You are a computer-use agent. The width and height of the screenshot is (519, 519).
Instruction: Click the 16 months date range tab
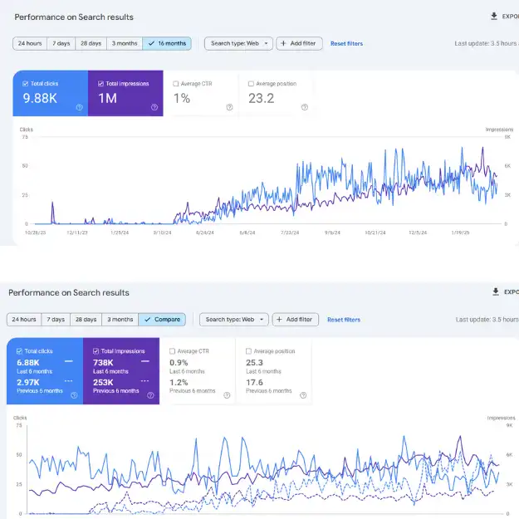tap(167, 43)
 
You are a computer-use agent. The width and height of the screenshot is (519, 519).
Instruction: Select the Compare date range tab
tap(162, 319)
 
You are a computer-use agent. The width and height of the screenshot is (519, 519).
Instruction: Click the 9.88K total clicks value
tap(40, 99)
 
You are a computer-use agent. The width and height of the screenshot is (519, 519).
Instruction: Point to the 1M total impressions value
tap(107, 99)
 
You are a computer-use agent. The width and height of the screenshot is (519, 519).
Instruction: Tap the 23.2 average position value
tap(262, 99)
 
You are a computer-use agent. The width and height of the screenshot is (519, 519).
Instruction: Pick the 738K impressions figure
tap(104, 362)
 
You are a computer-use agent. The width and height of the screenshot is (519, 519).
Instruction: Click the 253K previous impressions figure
tap(104, 381)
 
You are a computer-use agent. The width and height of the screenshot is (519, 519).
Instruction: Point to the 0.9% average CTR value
tap(179, 362)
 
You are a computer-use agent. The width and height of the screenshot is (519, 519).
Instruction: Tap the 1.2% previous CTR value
tap(179, 381)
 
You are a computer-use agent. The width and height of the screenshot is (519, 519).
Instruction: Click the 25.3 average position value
tap(255, 362)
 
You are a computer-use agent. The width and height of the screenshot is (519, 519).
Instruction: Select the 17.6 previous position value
tap(255, 381)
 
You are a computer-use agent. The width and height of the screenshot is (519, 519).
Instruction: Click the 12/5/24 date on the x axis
tap(417, 233)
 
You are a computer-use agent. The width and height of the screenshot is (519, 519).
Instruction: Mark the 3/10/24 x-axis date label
tap(162, 233)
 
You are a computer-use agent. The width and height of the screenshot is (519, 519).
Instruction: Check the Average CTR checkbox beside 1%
tap(175, 84)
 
